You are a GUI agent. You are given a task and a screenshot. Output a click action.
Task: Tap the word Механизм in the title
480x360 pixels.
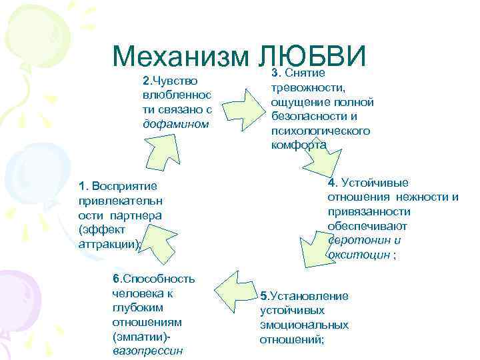pos(181,57)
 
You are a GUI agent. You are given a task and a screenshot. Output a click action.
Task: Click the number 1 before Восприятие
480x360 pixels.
pos(81,185)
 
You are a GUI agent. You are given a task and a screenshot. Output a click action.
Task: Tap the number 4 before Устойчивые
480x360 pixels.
pos(331,183)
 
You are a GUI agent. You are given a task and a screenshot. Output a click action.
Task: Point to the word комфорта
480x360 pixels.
pos(299,145)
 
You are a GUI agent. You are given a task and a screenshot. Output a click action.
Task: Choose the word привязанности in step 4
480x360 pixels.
pos(369,211)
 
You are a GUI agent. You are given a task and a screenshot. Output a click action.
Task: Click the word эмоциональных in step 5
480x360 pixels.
pos(304,325)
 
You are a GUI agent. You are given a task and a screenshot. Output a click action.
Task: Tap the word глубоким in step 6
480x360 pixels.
pos(135,307)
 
